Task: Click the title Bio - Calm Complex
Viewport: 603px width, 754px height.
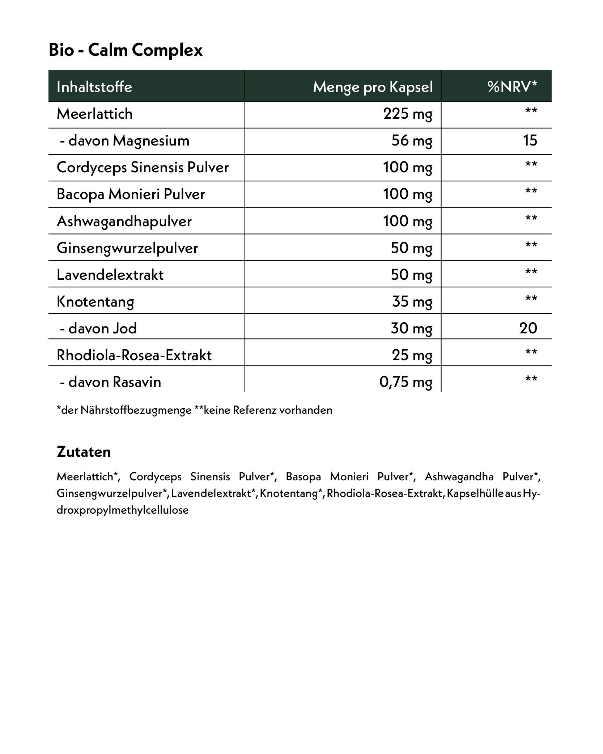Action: [x=126, y=50]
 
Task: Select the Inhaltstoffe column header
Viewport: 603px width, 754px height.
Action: [x=94, y=87]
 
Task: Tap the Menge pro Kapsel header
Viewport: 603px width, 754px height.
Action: [x=373, y=87]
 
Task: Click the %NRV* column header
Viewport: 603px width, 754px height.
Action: [x=512, y=87]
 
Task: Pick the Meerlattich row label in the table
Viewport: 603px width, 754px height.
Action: [x=95, y=114]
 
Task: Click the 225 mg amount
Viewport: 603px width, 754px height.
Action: [x=408, y=114]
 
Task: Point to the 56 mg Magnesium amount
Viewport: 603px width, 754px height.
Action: [x=412, y=141]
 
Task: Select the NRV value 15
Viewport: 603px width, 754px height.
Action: [x=530, y=141]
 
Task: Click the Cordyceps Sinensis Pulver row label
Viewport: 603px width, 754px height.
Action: [x=143, y=168]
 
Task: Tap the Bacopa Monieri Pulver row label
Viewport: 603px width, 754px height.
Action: [x=131, y=194]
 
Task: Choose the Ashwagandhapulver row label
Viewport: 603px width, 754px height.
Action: [x=124, y=221]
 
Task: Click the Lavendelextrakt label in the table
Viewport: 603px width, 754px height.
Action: [x=110, y=275]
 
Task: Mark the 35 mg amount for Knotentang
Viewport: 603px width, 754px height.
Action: [x=412, y=302]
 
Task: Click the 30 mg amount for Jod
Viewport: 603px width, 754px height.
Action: [x=411, y=328]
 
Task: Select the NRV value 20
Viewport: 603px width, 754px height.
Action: [x=528, y=328]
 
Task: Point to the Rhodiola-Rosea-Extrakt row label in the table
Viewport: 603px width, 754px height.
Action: [x=134, y=355]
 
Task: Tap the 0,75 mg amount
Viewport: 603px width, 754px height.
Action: [x=406, y=382]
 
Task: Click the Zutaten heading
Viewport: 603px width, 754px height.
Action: [x=84, y=452]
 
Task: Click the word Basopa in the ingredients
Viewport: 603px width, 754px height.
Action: [x=303, y=477]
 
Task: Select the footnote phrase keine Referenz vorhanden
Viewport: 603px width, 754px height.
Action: [x=268, y=410]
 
